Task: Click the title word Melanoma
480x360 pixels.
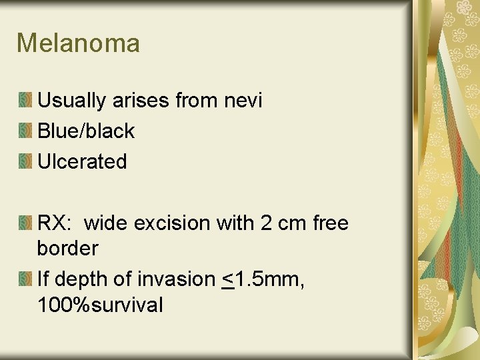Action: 78,43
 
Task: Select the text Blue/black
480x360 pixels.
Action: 86,131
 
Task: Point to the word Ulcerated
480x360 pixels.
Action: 82,161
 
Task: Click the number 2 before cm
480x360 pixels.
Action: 266,223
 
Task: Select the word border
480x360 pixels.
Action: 67,249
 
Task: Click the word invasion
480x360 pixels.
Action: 182,279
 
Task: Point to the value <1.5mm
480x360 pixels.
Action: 263,279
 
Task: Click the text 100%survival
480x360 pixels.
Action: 100,305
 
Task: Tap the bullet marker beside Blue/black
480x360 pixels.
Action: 25,131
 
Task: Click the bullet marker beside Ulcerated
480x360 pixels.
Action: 25,161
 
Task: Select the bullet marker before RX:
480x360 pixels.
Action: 25,223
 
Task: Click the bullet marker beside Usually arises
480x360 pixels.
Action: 25,101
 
